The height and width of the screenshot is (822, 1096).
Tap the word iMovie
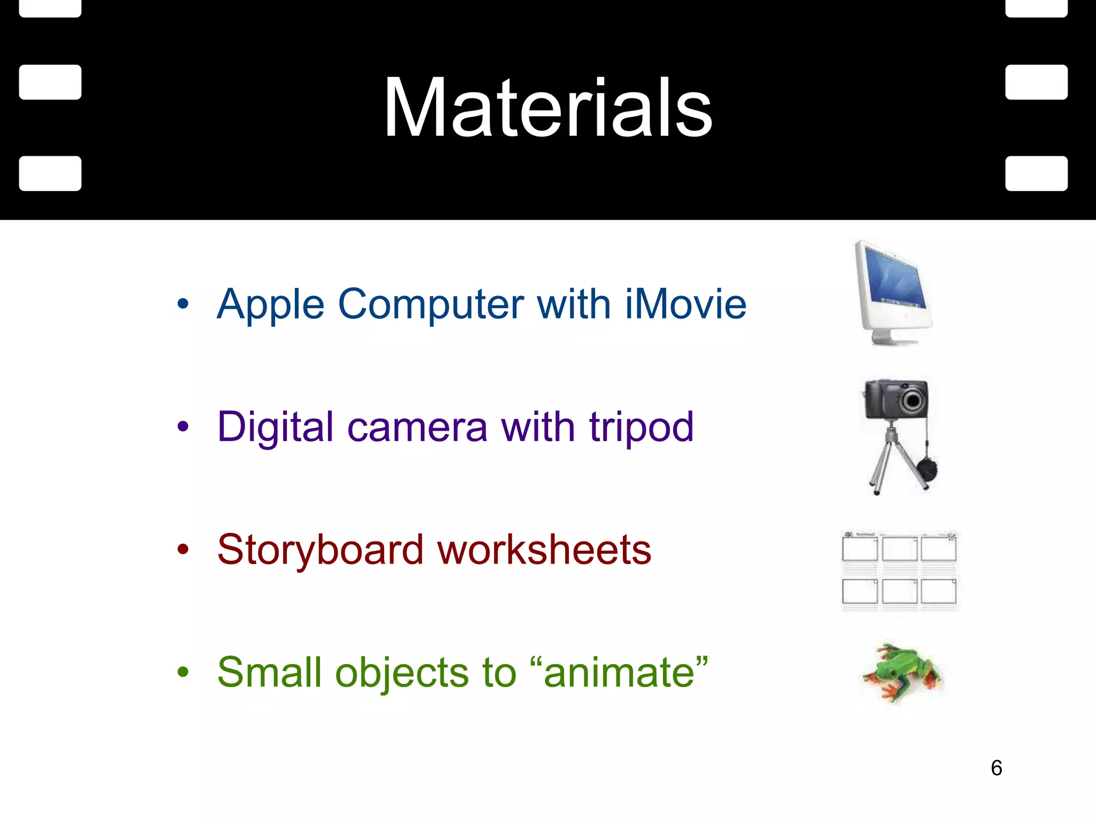(x=686, y=304)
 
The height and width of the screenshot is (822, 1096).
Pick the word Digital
(x=276, y=427)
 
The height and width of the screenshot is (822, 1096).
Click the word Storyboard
(x=320, y=550)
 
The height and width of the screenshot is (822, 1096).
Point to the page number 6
(x=996, y=768)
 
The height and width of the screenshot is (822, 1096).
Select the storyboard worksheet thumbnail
(x=900, y=570)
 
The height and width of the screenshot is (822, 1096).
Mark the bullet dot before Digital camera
(x=183, y=427)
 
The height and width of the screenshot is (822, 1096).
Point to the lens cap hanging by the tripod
(x=927, y=470)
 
